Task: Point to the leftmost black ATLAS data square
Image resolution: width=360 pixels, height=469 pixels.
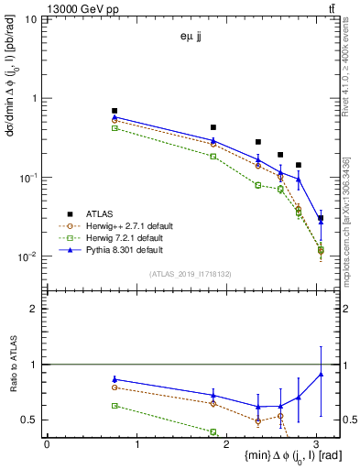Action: pyautogui.click(x=115, y=111)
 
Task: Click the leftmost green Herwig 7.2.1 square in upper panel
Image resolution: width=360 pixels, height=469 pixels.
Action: pyautogui.click(x=115, y=128)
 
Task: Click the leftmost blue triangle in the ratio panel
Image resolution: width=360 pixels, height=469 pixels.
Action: pyautogui.click(x=115, y=379)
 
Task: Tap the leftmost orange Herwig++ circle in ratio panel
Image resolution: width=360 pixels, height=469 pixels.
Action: pyautogui.click(x=115, y=387)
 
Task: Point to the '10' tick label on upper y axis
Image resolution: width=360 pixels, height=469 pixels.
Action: pyautogui.click(x=31, y=19)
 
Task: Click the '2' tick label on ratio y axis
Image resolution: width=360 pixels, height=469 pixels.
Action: pyautogui.click(x=34, y=309)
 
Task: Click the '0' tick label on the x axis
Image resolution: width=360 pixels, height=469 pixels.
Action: pyautogui.click(x=47, y=443)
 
